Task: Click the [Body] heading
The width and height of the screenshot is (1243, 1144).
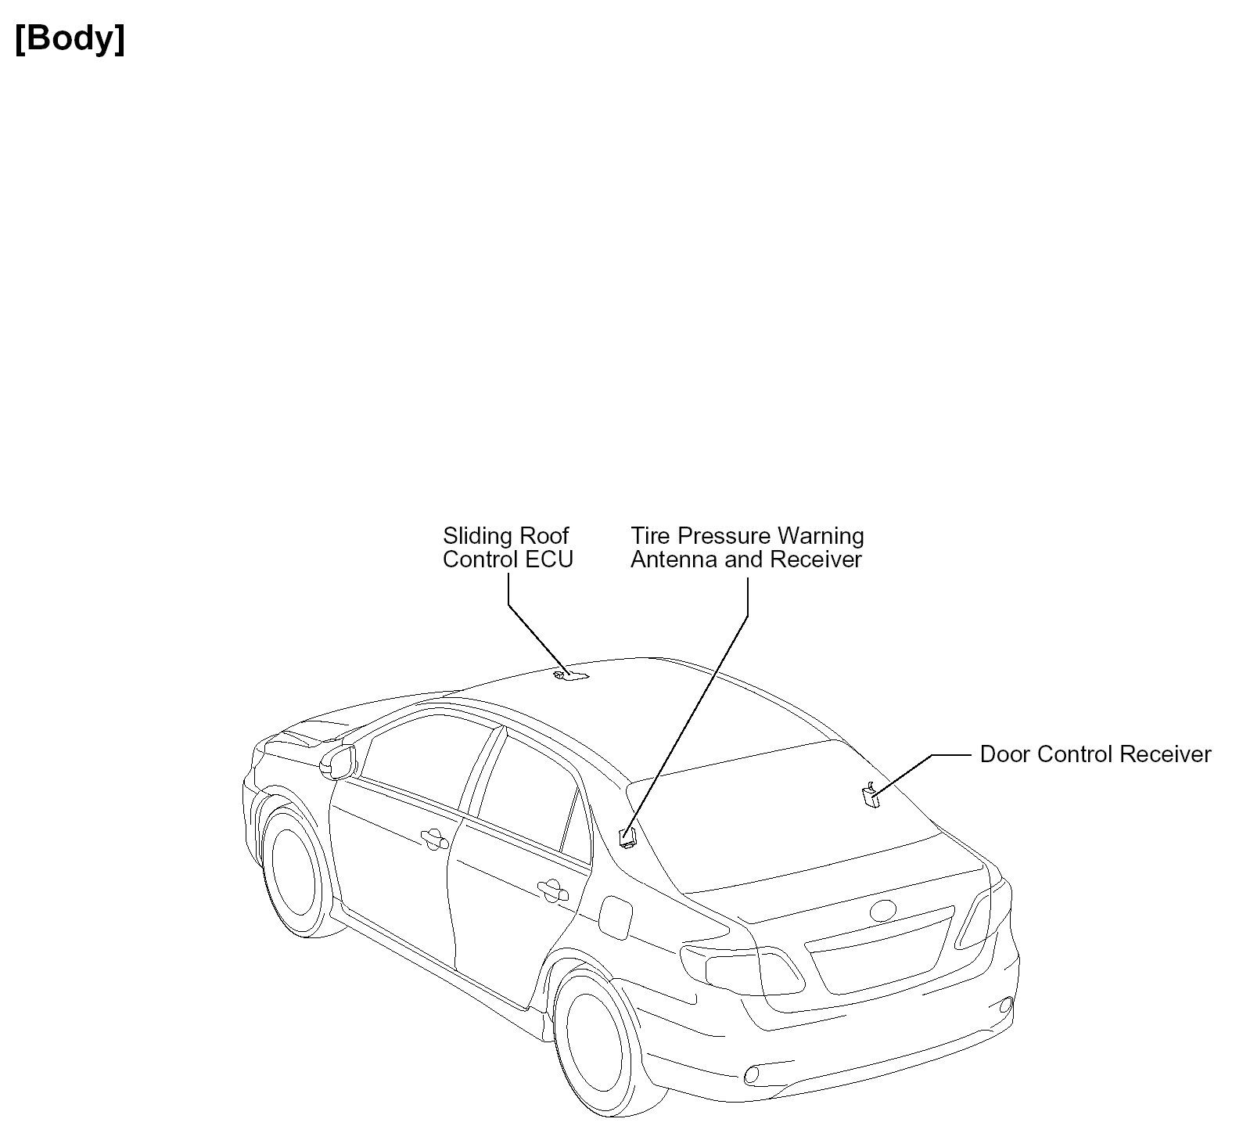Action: (70, 38)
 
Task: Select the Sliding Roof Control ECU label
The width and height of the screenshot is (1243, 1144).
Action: (508, 548)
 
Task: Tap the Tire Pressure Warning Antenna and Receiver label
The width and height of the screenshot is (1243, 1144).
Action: (747, 548)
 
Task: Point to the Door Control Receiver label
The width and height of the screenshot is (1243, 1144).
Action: (1095, 754)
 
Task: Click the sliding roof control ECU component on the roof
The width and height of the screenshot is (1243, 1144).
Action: (569, 675)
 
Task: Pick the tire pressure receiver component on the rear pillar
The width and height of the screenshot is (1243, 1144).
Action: (627, 838)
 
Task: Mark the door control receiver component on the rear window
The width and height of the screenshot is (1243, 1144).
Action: (869, 795)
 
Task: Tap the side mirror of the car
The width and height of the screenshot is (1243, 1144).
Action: (338, 761)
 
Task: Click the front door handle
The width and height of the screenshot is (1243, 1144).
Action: (433, 839)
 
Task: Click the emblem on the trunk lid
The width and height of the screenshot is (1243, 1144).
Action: (884, 910)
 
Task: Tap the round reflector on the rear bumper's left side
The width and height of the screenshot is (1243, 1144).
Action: (753, 1074)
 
